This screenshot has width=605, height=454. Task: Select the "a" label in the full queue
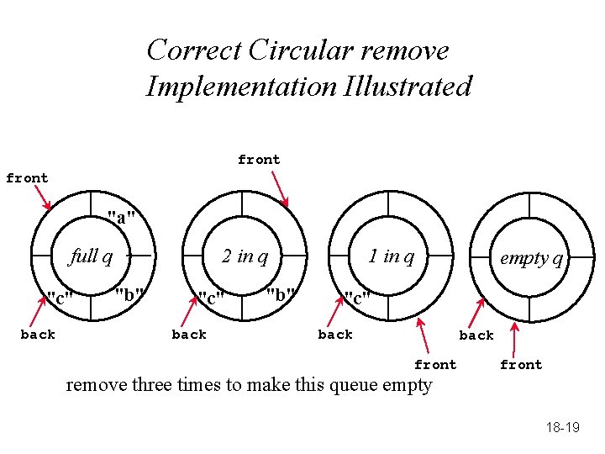pyautogui.click(x=122, y=219)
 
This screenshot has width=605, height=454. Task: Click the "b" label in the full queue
pyautogui.click(x=129, y=295)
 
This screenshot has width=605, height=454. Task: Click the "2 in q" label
pyautogui.click(x=245, y=256)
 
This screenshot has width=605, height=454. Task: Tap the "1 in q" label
pyautogui.click(x=392, y=256)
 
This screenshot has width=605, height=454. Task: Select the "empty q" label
pyautogui.click(x=531, y=258)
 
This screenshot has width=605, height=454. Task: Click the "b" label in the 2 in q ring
pyautogui.click(x=281, y=295)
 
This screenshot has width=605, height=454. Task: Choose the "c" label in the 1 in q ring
pyautogui.click(x=356, y=298)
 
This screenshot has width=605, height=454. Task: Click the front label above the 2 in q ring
pyautogui.click(x=259, y=160)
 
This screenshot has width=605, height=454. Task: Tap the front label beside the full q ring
pyautogui.click(x=27, y=178)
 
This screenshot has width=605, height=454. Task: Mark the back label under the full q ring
pyautogui.click(x=38, y=335)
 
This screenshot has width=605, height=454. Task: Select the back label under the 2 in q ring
pyautogui.click(x=189, y=335)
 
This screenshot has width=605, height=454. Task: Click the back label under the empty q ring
pyautogui.click(x=476, y=335)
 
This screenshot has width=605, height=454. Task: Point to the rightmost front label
pyautogui.click(x=521, y=365)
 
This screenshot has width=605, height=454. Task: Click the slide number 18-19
pyautogui.click(x=562, y=428)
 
